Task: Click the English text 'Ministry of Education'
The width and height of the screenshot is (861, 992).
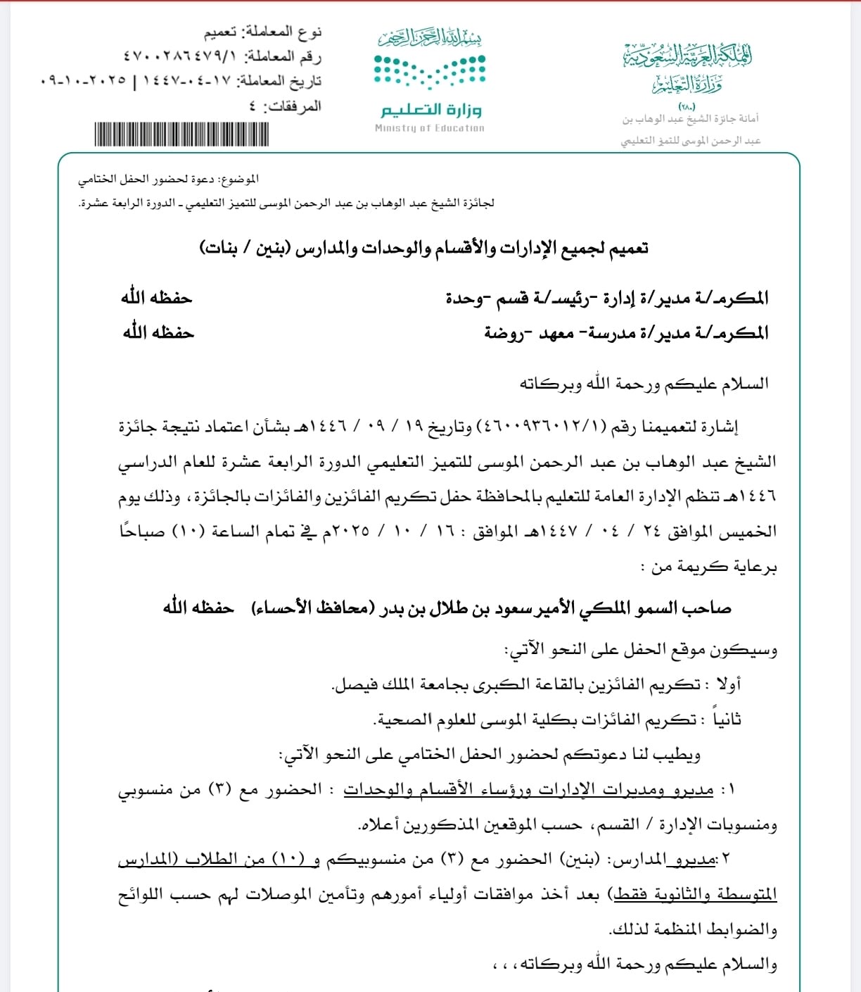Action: [x=430, y=128]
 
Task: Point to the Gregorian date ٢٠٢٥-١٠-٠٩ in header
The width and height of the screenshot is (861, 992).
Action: [x=84, y=81]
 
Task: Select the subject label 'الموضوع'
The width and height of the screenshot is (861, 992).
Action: [x=240, y=180]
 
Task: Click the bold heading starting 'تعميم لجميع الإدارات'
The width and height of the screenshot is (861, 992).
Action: [x=423, y=249]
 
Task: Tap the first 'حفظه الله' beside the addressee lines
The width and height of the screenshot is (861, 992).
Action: [x=156, y=298]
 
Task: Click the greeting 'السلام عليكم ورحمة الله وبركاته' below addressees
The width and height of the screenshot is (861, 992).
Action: [x=644, y=384]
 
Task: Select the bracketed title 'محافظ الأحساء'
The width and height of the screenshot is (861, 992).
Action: [x=310, y=608]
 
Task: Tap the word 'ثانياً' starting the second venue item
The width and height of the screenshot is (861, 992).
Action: [x=727, y=720]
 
